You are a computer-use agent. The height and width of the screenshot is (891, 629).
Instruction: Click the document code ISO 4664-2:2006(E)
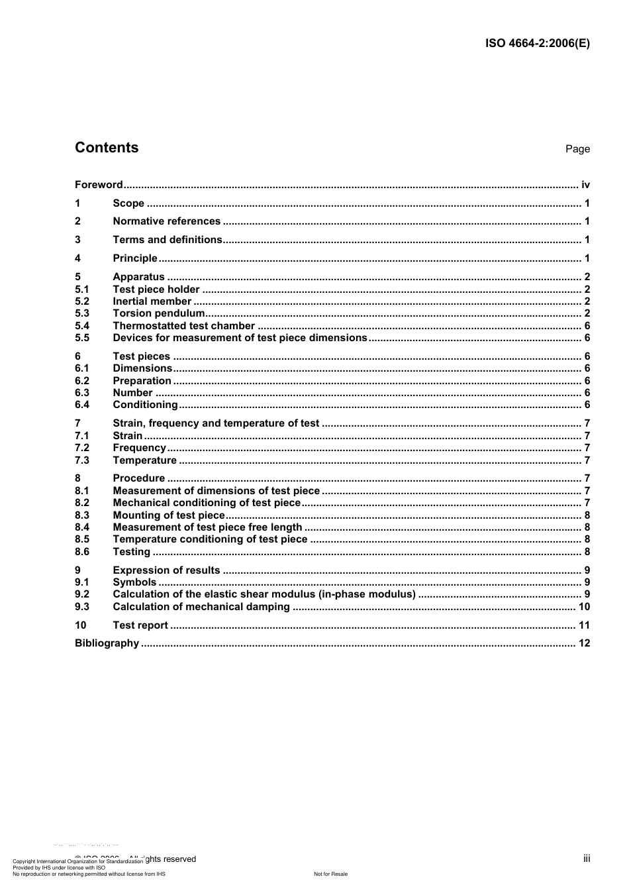537,44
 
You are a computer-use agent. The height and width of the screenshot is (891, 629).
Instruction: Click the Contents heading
107,148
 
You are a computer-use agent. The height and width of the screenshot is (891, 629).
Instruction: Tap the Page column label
577,149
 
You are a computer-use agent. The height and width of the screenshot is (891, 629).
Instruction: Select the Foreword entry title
99,185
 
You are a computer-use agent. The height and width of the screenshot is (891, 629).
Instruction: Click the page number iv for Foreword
585,185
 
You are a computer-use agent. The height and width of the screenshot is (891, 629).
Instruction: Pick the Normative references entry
166,221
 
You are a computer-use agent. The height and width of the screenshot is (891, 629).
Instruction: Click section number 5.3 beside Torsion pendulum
82,313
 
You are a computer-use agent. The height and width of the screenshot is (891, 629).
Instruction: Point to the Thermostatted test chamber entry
183,326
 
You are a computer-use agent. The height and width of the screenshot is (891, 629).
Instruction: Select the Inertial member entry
152,301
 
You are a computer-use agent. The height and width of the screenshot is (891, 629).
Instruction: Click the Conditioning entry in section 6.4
145,405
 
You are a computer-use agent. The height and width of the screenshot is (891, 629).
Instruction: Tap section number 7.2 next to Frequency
82,448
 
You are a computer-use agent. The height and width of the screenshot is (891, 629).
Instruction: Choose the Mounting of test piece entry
169,515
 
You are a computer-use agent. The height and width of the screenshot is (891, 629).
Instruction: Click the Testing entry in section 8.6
131,552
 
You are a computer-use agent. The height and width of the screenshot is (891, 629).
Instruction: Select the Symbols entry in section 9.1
134,582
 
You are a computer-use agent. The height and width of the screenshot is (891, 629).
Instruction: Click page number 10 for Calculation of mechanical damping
584,607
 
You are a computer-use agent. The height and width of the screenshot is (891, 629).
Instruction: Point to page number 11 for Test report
584,625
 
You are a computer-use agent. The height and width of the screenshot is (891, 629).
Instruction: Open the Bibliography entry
107,643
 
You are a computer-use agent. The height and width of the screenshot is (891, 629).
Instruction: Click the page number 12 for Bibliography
584,643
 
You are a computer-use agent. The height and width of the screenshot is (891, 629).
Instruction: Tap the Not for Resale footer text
330,874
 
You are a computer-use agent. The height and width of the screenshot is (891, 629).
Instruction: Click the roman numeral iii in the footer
587,859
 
